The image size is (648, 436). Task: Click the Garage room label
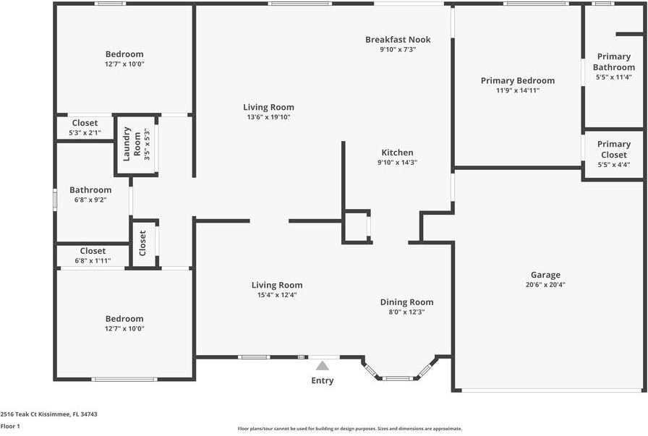coord(545,275)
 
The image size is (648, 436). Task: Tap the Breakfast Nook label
coord(398,40)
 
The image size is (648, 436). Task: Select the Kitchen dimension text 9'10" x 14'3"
coord(398,163)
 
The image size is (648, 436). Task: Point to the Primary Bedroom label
coord(518,80)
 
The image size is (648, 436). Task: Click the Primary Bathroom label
coord(614,62)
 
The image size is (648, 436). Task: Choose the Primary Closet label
coord(613,149)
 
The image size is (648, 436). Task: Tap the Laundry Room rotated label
coord(127,144)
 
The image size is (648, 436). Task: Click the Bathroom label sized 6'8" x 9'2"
coord(90,190)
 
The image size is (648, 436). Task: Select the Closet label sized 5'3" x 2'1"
coord(85,123)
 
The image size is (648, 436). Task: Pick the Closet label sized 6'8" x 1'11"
coord(93,251)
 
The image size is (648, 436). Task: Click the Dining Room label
coord(407,302)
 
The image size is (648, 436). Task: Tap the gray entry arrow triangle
coord(323,366)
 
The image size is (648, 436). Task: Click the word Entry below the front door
coord(323,380)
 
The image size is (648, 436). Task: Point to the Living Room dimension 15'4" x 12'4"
coord(277,295)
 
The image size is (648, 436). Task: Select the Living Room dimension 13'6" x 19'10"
coord(268,117)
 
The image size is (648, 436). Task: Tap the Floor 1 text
coord(10,427)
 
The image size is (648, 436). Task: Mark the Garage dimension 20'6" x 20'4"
coord(545,285)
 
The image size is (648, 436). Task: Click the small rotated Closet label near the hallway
coord(142,243)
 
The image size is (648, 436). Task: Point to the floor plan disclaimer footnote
coord(350,429)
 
